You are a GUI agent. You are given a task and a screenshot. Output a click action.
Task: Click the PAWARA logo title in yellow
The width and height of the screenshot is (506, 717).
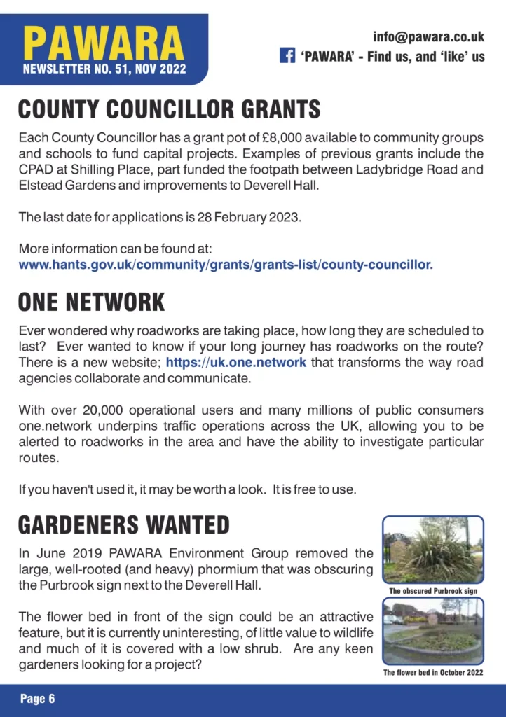click(104, 43)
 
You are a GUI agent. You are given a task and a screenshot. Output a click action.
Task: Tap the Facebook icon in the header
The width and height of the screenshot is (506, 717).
click(287, 56)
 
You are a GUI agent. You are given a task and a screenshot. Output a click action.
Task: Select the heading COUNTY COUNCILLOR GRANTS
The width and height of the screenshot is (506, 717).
click(169, 109)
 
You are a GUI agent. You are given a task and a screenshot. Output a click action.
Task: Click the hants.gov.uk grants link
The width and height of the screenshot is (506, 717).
click(226, 265)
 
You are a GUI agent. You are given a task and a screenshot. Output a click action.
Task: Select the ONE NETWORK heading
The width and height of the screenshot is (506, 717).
click(91, 302)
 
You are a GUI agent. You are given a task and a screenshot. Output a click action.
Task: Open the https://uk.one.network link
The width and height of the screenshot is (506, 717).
click(235, 363)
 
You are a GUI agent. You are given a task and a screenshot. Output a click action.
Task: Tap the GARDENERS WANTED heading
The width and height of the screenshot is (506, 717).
click(123, 525)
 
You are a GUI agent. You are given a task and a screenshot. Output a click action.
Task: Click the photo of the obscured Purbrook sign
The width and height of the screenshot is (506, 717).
click(432, 550)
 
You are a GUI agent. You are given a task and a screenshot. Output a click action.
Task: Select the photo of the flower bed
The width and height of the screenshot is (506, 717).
click(432, 631)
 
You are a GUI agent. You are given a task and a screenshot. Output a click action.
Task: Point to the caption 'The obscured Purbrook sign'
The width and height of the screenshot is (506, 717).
click(432, 592)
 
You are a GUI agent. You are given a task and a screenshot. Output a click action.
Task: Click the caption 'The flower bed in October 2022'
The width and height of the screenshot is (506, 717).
click(432, 673)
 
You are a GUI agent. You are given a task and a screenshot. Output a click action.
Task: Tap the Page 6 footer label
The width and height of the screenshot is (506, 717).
click(37, 698)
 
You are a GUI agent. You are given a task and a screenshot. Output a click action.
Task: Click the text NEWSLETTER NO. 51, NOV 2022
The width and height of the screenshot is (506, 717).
click(104, 69)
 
